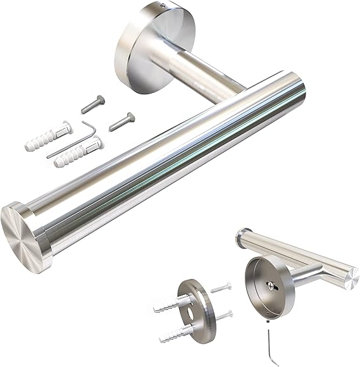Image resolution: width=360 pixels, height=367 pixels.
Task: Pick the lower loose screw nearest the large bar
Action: [121, 121]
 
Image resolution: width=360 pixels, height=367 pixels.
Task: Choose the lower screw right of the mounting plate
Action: [221, 314]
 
